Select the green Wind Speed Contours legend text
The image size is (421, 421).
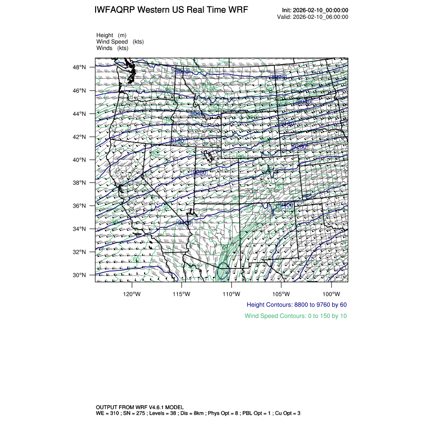296,316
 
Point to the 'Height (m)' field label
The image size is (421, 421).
111,35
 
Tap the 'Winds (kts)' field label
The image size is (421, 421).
112,48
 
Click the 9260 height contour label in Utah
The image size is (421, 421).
199,172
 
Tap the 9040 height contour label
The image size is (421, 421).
304,102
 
